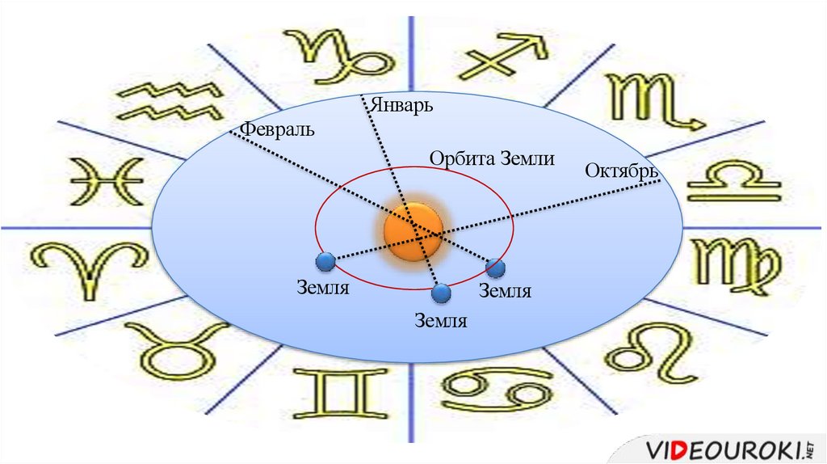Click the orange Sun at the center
coord(413,230)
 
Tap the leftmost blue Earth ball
coord(325,262)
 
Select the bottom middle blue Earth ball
coord(441,293)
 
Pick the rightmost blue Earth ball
coord(495,268)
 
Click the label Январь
coord(402,105)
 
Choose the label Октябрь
coord(620,171)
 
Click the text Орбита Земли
coord(492,158)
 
